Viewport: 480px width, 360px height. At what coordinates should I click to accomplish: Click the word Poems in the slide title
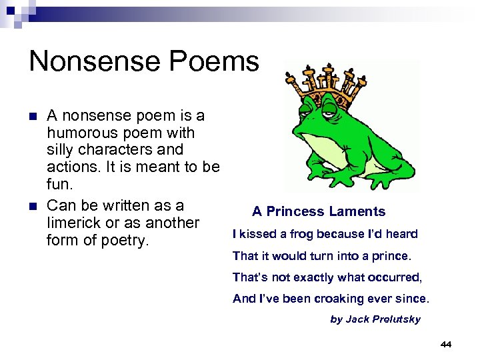coord(221,61)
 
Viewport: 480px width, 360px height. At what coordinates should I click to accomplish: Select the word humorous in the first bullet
coord(81,133)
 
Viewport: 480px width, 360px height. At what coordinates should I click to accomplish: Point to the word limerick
coord(75,223)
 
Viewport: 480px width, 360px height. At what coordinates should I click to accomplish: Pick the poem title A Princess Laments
coord(319,212)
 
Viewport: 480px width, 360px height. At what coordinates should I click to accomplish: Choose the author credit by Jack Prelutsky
coord(375,319)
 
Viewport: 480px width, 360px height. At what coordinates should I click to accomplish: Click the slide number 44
coord(446,344)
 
